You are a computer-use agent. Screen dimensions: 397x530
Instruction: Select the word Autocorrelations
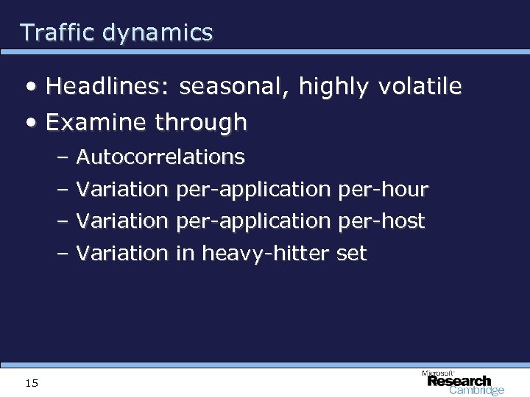pyautogui.click(x=160, y=157)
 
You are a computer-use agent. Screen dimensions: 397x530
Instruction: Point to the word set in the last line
pyautogui.click(x=350, y=254)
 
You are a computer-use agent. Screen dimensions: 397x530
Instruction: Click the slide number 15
pyautogui.click(x=32, y=382)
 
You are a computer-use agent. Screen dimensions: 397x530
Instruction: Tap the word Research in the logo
pyautogui.click(x=459, y=381)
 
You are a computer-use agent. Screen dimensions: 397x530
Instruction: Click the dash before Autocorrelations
pyautogui.click(x=62, y=157)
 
